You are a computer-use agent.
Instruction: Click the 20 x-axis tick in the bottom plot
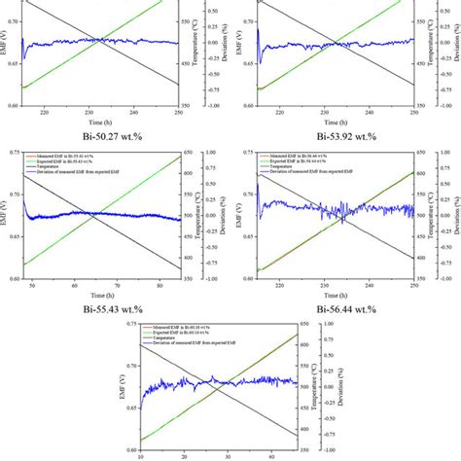click(x=182, y=452)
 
